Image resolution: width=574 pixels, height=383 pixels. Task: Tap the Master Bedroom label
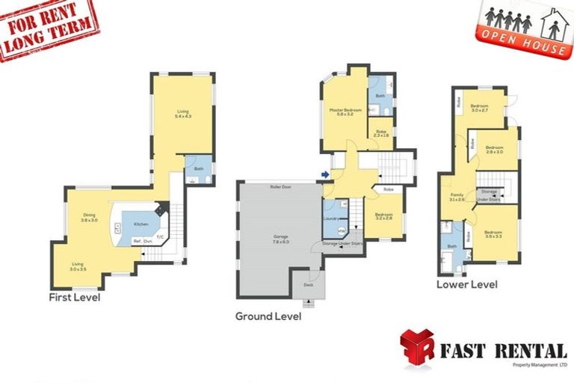pyautogui.click(x=345, y=113)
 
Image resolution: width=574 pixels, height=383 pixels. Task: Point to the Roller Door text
pyautogui.click(x=281, y=186)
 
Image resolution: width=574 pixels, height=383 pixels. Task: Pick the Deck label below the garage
pyautogui.click(x=309, y=285)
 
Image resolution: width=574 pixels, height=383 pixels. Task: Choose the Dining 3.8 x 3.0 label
pyautogui.click(x=89, y=218)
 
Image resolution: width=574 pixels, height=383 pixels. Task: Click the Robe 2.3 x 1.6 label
pyautogui.click(x=381, y=132)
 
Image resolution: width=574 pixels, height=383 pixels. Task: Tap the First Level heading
pyautogui.click(x=75, y=297)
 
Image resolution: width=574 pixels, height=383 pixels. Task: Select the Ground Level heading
pyautogui.click(x=268, y=316)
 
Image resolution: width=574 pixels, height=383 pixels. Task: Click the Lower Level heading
pyautogui.click(x=467, y=284)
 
